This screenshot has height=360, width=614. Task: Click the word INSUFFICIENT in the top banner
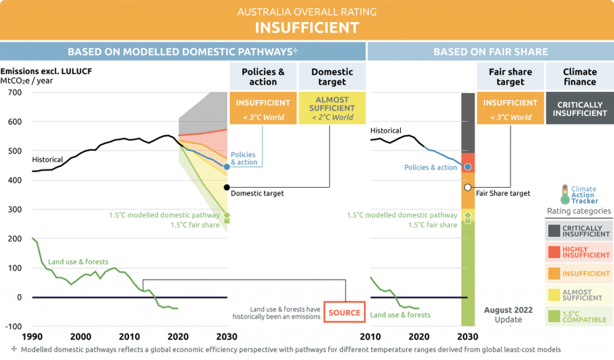[x=306, y=27]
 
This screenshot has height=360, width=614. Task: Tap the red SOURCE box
[x=344, y=313]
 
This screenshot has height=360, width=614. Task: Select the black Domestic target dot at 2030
[x=227, y=187]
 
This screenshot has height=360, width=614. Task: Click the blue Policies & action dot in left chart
[x=227, y=166]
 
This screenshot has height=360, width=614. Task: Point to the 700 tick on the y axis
[x=14, y=92]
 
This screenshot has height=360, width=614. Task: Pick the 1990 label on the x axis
[x=32, y=337]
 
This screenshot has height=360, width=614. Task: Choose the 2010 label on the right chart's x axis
[x=371, y=337]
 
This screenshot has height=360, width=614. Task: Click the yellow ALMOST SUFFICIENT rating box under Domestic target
[x=332, y=108]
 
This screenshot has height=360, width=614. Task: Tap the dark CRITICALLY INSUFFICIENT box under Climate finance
[x=579, y=109]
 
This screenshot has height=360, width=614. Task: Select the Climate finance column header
[x=579, y=77]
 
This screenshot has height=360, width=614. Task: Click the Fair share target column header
[x=510, y=77]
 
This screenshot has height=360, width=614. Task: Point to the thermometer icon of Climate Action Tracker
[x=564, y=194]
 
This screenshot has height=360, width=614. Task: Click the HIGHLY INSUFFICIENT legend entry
[x=579, y=251]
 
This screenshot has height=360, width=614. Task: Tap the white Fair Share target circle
[x=468, y=187]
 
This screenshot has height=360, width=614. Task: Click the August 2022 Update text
[x=508, y=314]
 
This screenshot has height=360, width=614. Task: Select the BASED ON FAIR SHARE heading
[x=490, y=52]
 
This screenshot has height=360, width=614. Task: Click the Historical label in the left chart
[x=47, y=160]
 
